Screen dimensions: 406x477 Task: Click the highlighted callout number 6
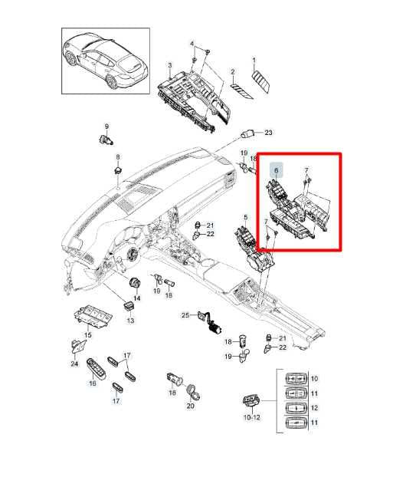click(x=276, y=170)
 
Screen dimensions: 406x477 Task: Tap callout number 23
click(x=268, y=133)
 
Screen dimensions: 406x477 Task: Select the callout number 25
click(x=185, y=315)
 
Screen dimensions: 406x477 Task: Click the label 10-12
click(x=252, y=417)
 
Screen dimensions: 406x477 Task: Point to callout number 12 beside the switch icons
click(x=315, y=408)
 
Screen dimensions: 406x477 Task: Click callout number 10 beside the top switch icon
click(x=315, y=379)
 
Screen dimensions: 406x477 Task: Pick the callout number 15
click(x=88, y=335)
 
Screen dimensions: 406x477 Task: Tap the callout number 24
click(x=74, y=364)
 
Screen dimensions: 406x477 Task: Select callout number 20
click(x=191, y=406)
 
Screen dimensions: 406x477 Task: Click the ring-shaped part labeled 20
click(x=193, y=392)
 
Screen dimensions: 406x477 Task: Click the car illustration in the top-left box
click(x=106, y=61)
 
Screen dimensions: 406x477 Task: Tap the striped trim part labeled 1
click(x=261, y=81)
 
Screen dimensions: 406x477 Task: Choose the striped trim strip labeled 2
click(x=241, y=91)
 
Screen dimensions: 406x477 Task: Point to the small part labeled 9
click(x=106, y=140)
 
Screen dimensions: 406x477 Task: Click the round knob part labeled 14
click(x=134, y=283)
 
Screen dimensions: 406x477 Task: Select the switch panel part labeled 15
click(x=93, y=317)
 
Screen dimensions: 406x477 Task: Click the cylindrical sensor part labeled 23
click(x=248, y=134)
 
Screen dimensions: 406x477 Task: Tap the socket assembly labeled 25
click(x=211, y=324)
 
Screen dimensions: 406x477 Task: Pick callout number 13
click(x=130, y=321)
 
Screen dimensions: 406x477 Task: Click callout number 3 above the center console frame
click(x=170, y=65)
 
